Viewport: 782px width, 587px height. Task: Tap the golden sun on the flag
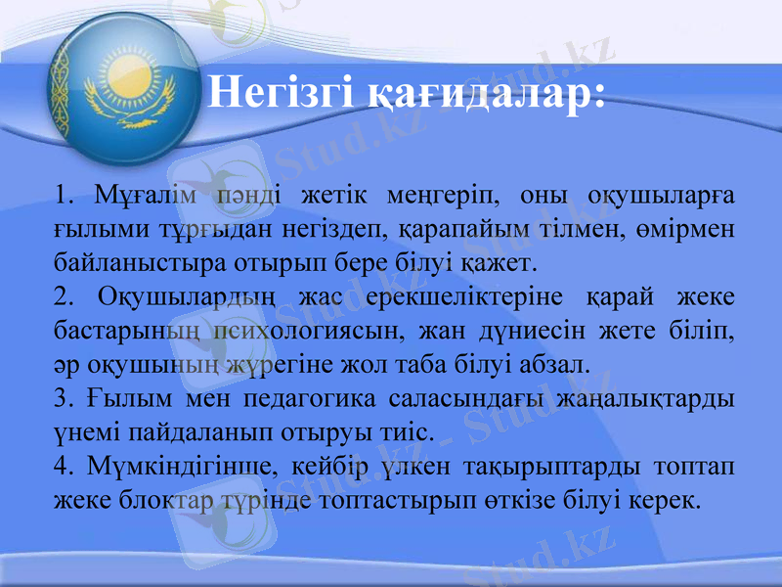[x=130, y=74]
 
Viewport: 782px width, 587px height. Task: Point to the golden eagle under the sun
[x=132, y=110]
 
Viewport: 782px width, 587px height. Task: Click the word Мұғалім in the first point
[x=146, y=195]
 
